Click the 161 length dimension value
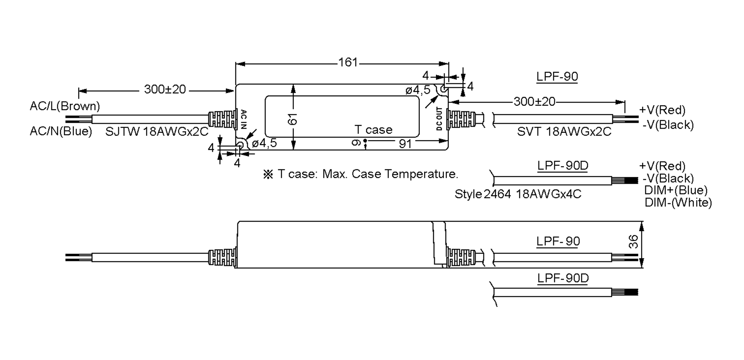(348, 63)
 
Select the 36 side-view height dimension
(634, 242)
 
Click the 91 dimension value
(405, 144)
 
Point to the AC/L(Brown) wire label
(65, 106)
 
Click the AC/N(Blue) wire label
(61, 131)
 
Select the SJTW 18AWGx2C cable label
(157, 132)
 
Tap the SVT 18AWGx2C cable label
(564, 132)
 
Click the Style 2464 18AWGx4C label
(518, 194)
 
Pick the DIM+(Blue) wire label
(676, 190)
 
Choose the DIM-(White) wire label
(678, 203)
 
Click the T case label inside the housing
(373, 130)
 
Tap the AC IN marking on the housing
(244, 119)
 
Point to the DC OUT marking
(439, 119)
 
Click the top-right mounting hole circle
(444, 89)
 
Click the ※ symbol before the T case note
(268, 174)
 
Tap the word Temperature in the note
(421, 174)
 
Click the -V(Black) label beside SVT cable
(668, 125)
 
